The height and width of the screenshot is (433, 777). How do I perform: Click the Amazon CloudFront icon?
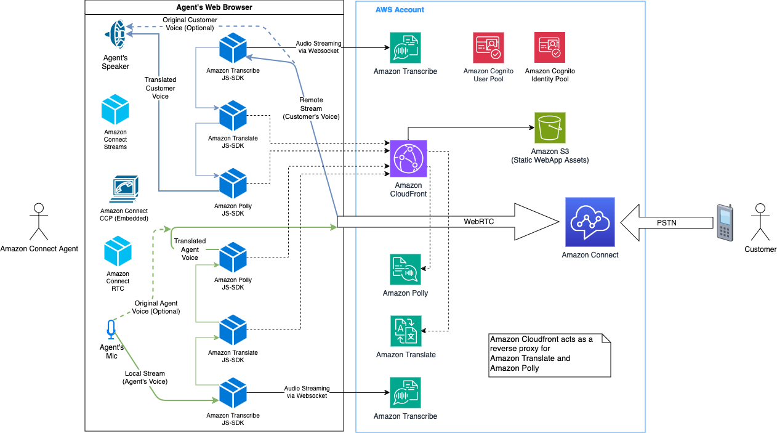408,158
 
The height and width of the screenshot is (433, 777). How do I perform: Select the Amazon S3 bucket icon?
550,127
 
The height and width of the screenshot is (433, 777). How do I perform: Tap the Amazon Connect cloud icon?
590,222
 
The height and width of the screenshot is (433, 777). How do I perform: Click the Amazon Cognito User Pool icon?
488,48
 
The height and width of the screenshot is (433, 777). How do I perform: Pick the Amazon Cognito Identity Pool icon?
549,48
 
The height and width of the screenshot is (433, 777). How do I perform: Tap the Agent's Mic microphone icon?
111,330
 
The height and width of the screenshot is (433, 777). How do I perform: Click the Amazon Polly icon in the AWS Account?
405,270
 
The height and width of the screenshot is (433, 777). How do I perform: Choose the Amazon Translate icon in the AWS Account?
406,331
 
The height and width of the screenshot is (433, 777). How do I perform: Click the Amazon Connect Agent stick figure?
39,222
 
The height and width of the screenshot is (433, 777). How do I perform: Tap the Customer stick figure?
761,222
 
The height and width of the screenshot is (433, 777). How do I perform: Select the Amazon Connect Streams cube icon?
115,110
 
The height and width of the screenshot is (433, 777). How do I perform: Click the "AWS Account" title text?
400,10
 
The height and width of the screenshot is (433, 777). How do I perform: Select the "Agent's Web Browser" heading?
214,7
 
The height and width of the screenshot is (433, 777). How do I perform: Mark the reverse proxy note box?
549,355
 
